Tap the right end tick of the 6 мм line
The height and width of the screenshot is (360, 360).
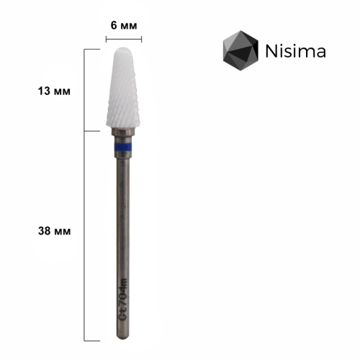142,40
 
